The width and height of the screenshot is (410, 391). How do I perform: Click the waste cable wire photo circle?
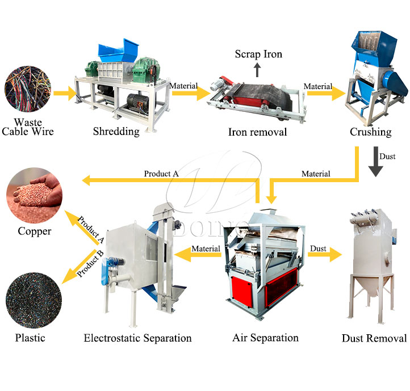28,89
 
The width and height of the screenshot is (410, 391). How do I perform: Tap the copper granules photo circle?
34,195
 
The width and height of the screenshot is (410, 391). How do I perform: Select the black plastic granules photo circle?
34,300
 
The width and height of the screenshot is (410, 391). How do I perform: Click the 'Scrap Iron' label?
258,54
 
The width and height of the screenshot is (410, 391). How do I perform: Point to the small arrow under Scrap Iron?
257,70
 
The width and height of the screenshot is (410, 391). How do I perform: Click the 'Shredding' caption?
116,132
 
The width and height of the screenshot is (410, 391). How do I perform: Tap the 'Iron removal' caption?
258,132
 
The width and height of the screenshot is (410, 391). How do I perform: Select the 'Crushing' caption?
371,132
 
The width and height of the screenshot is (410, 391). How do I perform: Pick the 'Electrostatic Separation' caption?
137,338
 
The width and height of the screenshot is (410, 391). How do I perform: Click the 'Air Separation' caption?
265,338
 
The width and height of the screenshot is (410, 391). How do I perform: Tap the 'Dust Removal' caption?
374,338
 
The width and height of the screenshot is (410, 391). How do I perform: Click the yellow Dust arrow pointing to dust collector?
325,254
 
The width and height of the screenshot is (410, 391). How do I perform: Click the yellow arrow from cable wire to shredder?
65,93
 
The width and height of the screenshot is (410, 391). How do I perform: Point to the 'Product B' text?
90,263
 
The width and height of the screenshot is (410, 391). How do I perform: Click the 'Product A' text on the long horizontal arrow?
161,174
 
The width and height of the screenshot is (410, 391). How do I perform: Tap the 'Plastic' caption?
30,338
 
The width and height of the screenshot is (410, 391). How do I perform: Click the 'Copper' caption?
35,232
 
